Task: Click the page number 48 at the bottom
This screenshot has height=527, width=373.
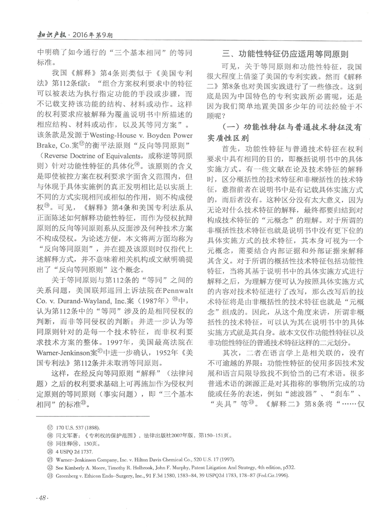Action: coord(41,498)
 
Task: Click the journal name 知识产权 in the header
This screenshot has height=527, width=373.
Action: coord(50,35)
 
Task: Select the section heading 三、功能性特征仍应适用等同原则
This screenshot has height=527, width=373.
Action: coord(285,54)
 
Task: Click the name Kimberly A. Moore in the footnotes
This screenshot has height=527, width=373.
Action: coord(86,467)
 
